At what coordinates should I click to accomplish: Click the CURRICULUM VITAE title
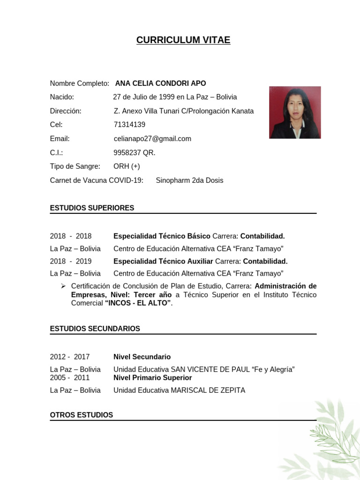click(x=183, y=40)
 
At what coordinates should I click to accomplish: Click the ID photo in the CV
click(x=295, y=112)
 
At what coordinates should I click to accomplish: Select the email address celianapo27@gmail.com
click(x=152, y=139)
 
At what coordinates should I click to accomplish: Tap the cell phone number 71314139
click(x=129, y=125)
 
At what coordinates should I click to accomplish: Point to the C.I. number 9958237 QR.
click(x=135, y=153)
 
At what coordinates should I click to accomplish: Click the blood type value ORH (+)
click(x=127, y=166)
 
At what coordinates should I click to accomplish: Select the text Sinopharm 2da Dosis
click(x=189, y=180)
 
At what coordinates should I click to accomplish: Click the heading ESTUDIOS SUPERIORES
click(x=92, y=208)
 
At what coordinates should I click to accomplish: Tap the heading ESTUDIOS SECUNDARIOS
click(x=95, y=329)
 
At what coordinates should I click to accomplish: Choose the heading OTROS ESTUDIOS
click(x=82, y=415)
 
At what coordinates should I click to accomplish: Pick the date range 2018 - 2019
click(x=71, y=262)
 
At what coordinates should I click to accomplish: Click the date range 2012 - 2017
click(x=70, y=357)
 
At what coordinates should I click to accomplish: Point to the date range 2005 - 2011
click(x=70, y=378)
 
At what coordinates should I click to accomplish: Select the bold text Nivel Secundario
click(x=142, y=357)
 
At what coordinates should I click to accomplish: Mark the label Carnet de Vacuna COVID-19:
click(x=97, y=180)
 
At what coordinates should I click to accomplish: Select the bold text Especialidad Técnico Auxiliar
click(x=163, y=262)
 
